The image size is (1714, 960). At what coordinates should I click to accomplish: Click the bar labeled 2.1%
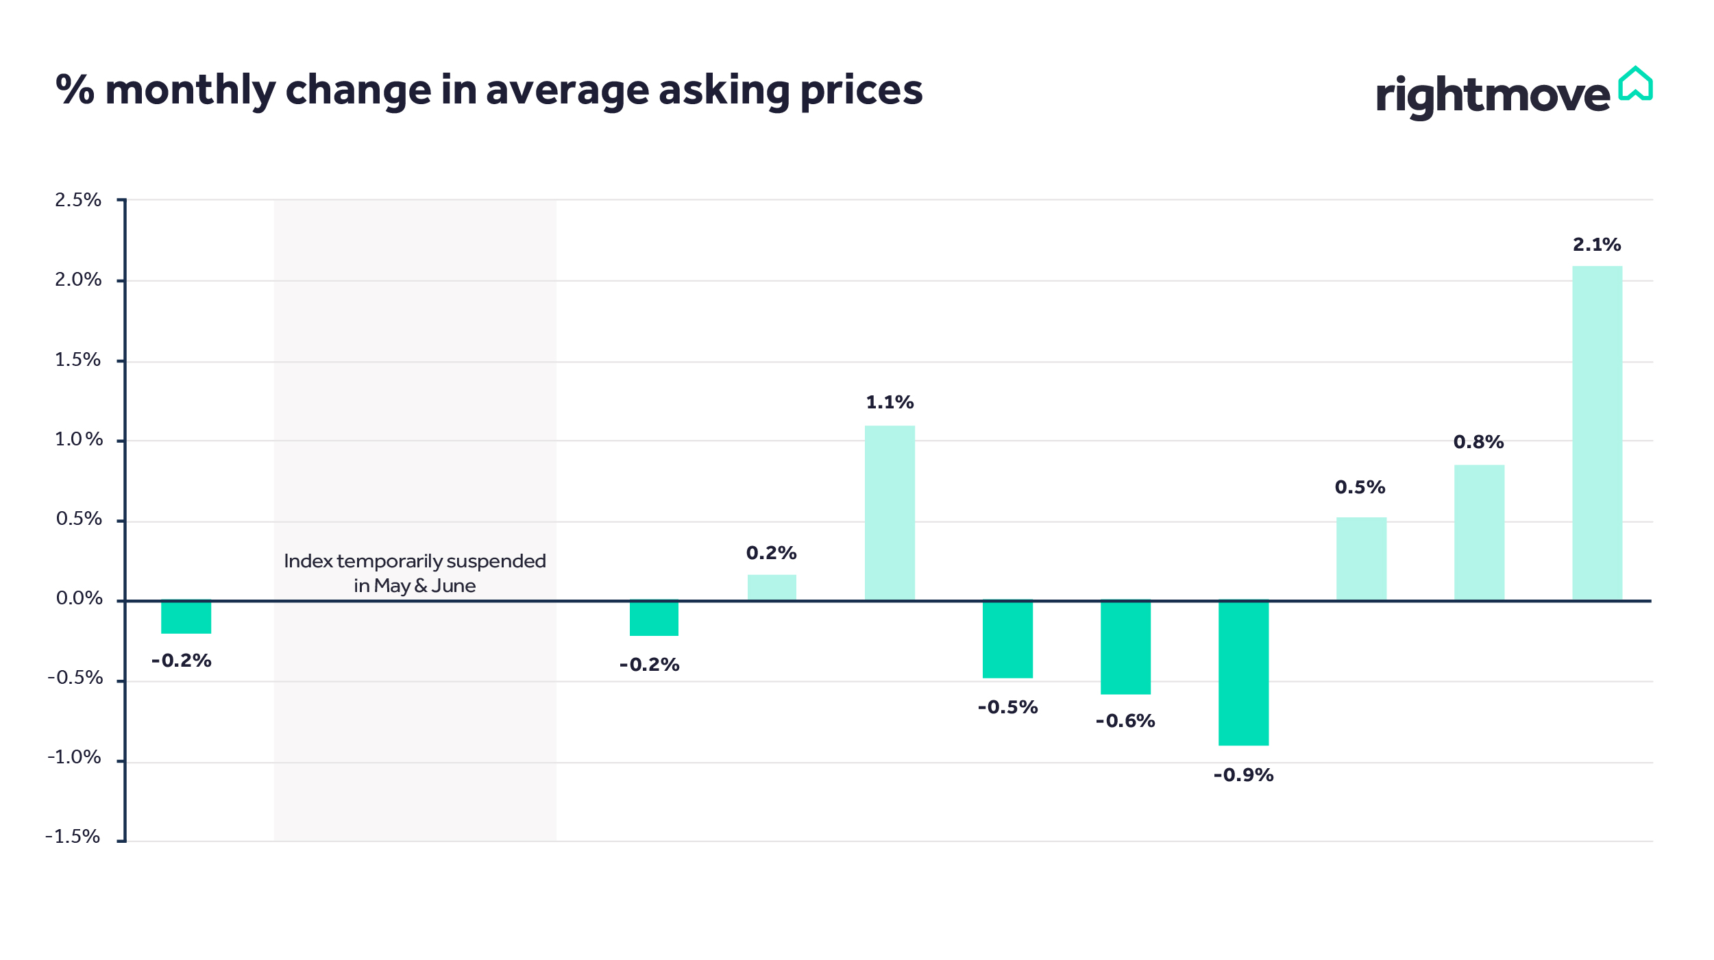[x=1597, y=433]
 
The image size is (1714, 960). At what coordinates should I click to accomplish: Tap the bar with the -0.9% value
[x=1243, y=673]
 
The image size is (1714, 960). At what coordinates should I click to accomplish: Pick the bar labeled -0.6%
[x=1125, y=648]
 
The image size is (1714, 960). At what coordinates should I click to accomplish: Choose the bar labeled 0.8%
[x=1479, y=532]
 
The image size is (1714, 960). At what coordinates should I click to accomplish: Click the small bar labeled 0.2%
[x=772, y=587]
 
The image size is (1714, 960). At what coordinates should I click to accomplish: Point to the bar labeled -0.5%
[x=1007, y=639]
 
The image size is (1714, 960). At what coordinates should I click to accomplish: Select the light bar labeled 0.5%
[x=1361, y=558]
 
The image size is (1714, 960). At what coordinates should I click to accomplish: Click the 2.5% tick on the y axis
[x=78, y=200]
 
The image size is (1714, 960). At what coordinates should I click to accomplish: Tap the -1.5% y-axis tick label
[x=73, y=837]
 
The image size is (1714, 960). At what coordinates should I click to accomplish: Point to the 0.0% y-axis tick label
[x=79, y=598]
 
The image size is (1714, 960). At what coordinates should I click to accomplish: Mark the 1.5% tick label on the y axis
[x=78, y=360]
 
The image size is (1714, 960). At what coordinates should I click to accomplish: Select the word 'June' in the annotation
[x=453, y=586]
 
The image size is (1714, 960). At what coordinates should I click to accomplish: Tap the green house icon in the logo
[x=1635, y=85]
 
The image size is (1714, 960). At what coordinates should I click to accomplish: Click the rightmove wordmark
[x=1493, y=96]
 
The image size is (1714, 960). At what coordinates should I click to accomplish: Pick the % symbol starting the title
[x=75, y=90]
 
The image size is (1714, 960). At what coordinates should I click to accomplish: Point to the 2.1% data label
[x=1596, y=245]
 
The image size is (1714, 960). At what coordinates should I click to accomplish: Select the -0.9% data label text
[x=1243, y=775]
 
